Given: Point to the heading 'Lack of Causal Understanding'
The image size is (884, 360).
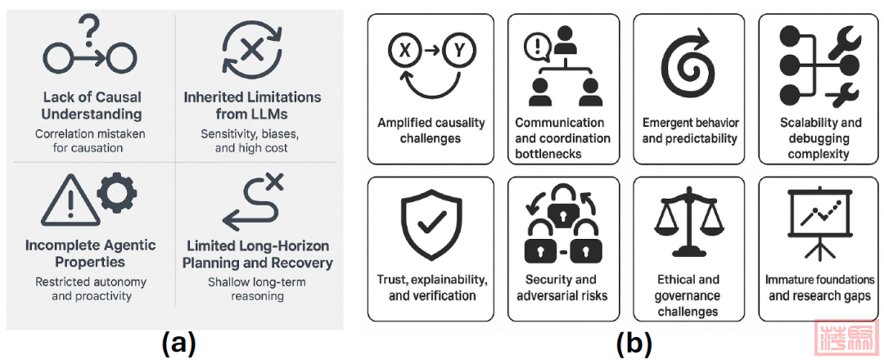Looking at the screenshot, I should (x=92, y=106).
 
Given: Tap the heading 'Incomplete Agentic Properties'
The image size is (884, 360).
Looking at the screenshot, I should (x=91, y=254).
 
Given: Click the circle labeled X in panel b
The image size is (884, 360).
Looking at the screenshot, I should (x=403, y=51).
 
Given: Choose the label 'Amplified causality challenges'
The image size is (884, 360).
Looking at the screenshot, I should (x=431, y=130).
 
